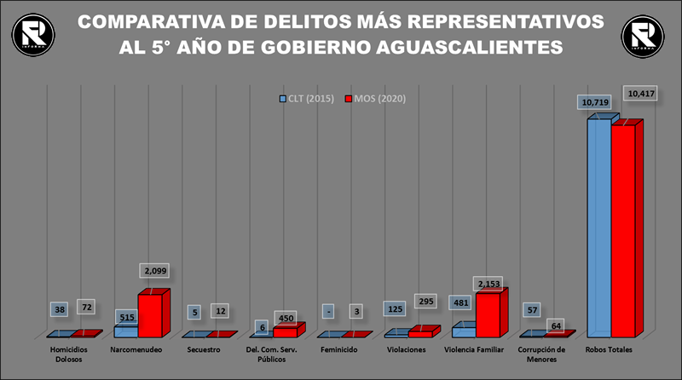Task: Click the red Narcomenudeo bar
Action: [x=150, y=315]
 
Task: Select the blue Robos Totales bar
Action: [x=598, y=227]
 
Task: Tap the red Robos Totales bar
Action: [x=623, y=230]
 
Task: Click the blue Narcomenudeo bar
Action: [x=125, y=331]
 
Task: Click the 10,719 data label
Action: [x=595, y=102]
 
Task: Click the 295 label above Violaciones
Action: [x=426, y=302]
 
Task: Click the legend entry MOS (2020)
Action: [x=375, y=99]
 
